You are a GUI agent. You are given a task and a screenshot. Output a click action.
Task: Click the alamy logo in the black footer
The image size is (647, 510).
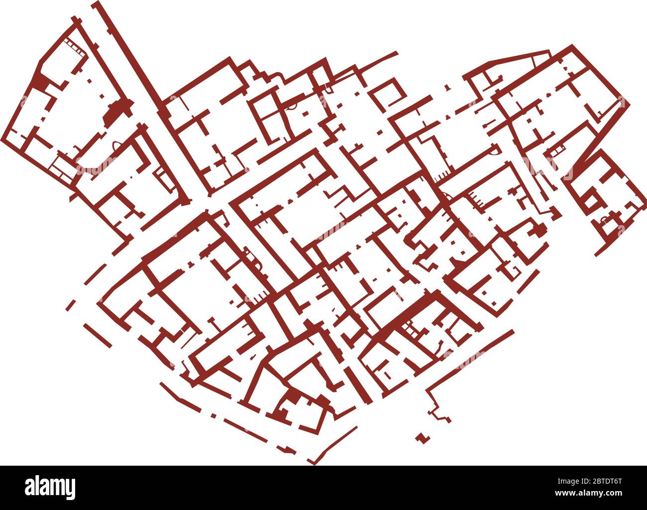click(x=50, y=487)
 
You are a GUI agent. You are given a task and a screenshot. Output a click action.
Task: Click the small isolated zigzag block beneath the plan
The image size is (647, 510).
click(x=423, y=438)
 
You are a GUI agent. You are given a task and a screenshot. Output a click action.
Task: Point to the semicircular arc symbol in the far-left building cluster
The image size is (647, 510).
click(x=117, y=144)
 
